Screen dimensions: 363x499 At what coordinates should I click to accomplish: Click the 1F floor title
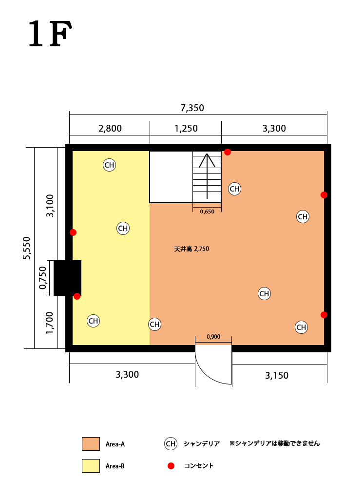(50, 34)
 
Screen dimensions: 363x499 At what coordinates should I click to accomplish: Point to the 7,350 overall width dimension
(192, 108)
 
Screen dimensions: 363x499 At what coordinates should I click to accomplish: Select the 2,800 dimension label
(110, 128)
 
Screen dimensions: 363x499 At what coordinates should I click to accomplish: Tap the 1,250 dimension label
(186, 128)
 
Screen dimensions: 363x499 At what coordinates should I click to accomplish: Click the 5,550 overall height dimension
(27, 248)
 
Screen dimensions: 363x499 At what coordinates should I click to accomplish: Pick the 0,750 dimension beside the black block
(42, 278)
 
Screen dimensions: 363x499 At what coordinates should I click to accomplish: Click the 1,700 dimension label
(49, 323)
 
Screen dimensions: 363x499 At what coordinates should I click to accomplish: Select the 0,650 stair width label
(207, 211)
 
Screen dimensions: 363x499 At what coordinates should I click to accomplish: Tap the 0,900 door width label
(213, 337)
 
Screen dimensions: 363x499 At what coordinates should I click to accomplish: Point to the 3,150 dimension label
(277, 376)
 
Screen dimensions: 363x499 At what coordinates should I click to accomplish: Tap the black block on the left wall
(67, 278)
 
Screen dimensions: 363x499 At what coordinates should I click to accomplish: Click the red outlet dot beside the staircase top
(228, 152)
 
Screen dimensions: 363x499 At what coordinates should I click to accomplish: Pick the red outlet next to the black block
(77, 296)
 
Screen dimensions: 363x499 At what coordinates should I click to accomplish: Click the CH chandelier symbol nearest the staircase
(235, 189)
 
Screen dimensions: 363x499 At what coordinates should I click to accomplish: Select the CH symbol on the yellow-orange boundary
(154, 324)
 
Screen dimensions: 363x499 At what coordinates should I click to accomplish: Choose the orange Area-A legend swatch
(91, 444)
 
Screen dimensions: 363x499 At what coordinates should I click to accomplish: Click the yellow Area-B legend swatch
(91, 466)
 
